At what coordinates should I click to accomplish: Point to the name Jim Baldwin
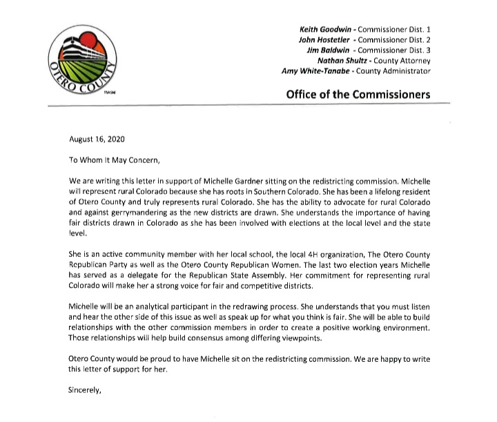[x=327, y=50]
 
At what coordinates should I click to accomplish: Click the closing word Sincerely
[x=84, y=390]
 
